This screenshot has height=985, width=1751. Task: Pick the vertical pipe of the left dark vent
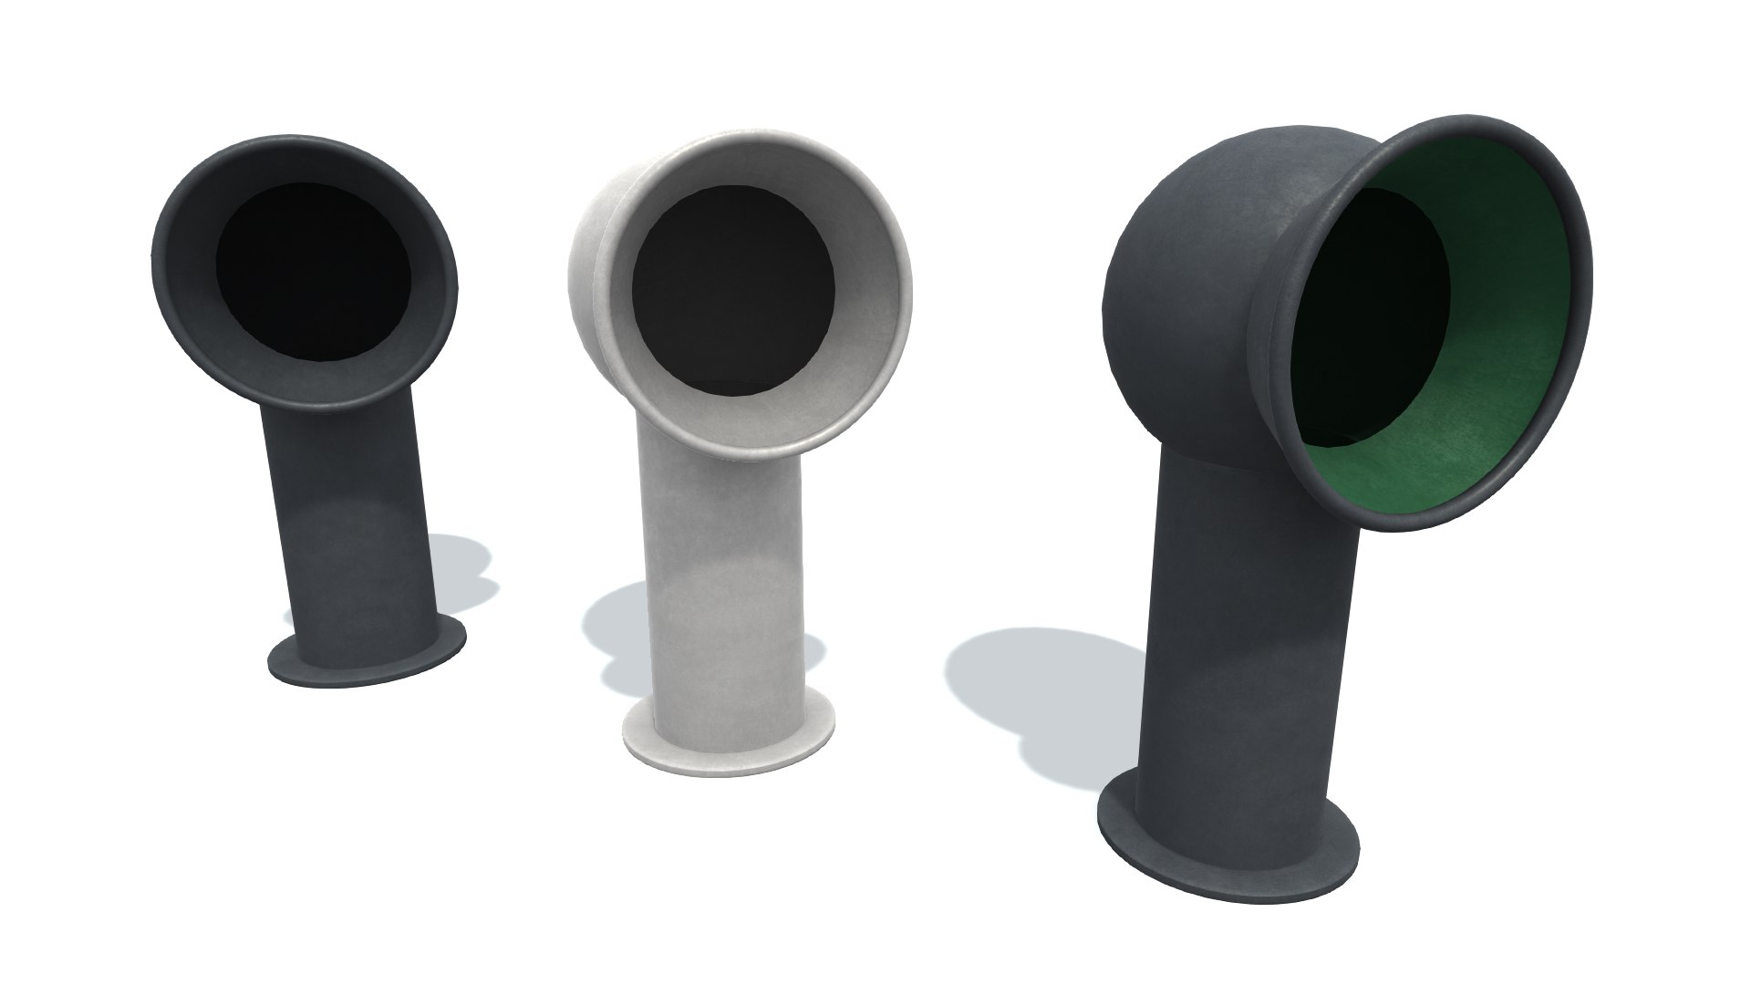[x=347, y=511]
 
